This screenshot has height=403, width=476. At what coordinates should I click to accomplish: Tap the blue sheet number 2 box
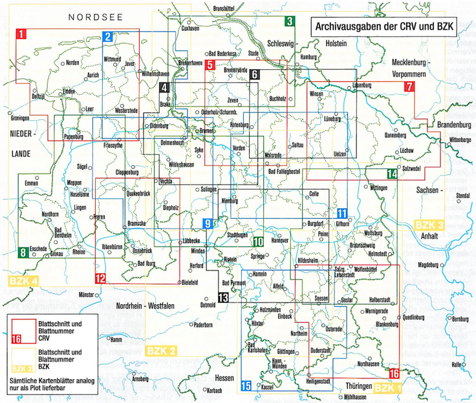tap(107, 37)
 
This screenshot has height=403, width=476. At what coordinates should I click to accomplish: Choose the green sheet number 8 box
tap(23, 253)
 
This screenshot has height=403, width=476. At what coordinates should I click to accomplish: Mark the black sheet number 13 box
tap(223, 298)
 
